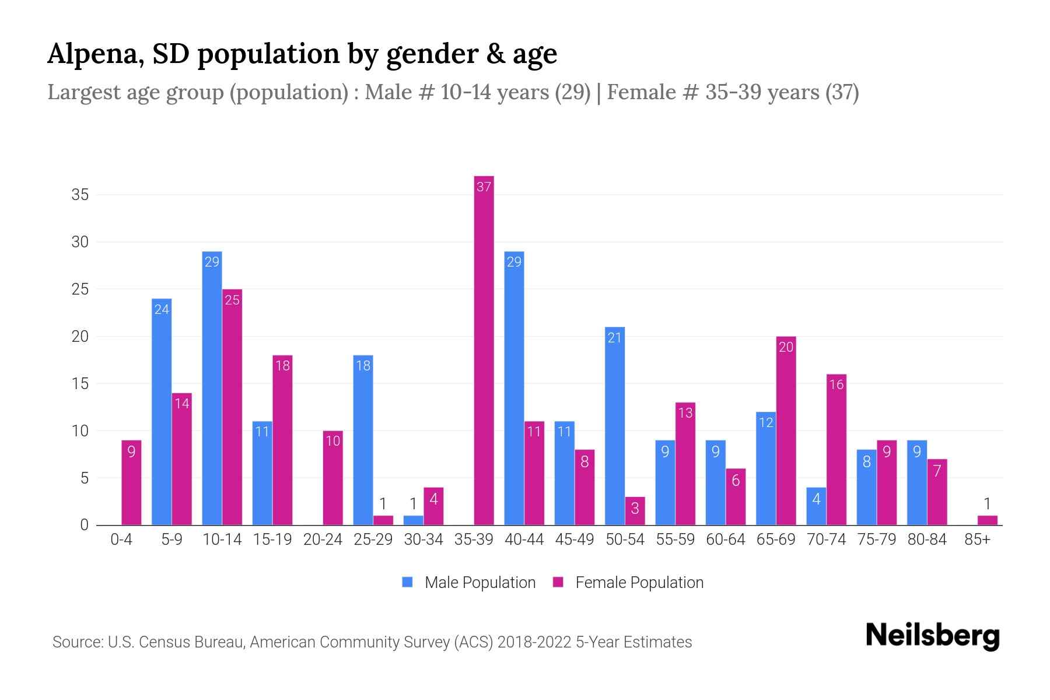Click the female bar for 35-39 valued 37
coord(484,350)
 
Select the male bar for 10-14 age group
coord(212,388)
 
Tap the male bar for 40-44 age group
coord(514,388)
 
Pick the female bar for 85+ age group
coord(987,520)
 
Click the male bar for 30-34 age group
coord(413,520)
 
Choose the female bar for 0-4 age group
coord(131,482)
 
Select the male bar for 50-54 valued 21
coord(615,426)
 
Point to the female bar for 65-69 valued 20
coord(786,430)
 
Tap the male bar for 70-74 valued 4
coord(816,506)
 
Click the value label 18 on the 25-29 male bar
coord(363,366)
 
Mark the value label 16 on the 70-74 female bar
coord(836,384)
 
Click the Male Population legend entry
coord(469,582)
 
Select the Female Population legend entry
coord(628,582)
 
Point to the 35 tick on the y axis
coord(80,195)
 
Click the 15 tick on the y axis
coord(80,384)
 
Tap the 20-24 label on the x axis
coord(323,540)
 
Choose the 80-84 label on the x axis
coord(927,540)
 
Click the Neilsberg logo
coord(932,636)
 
